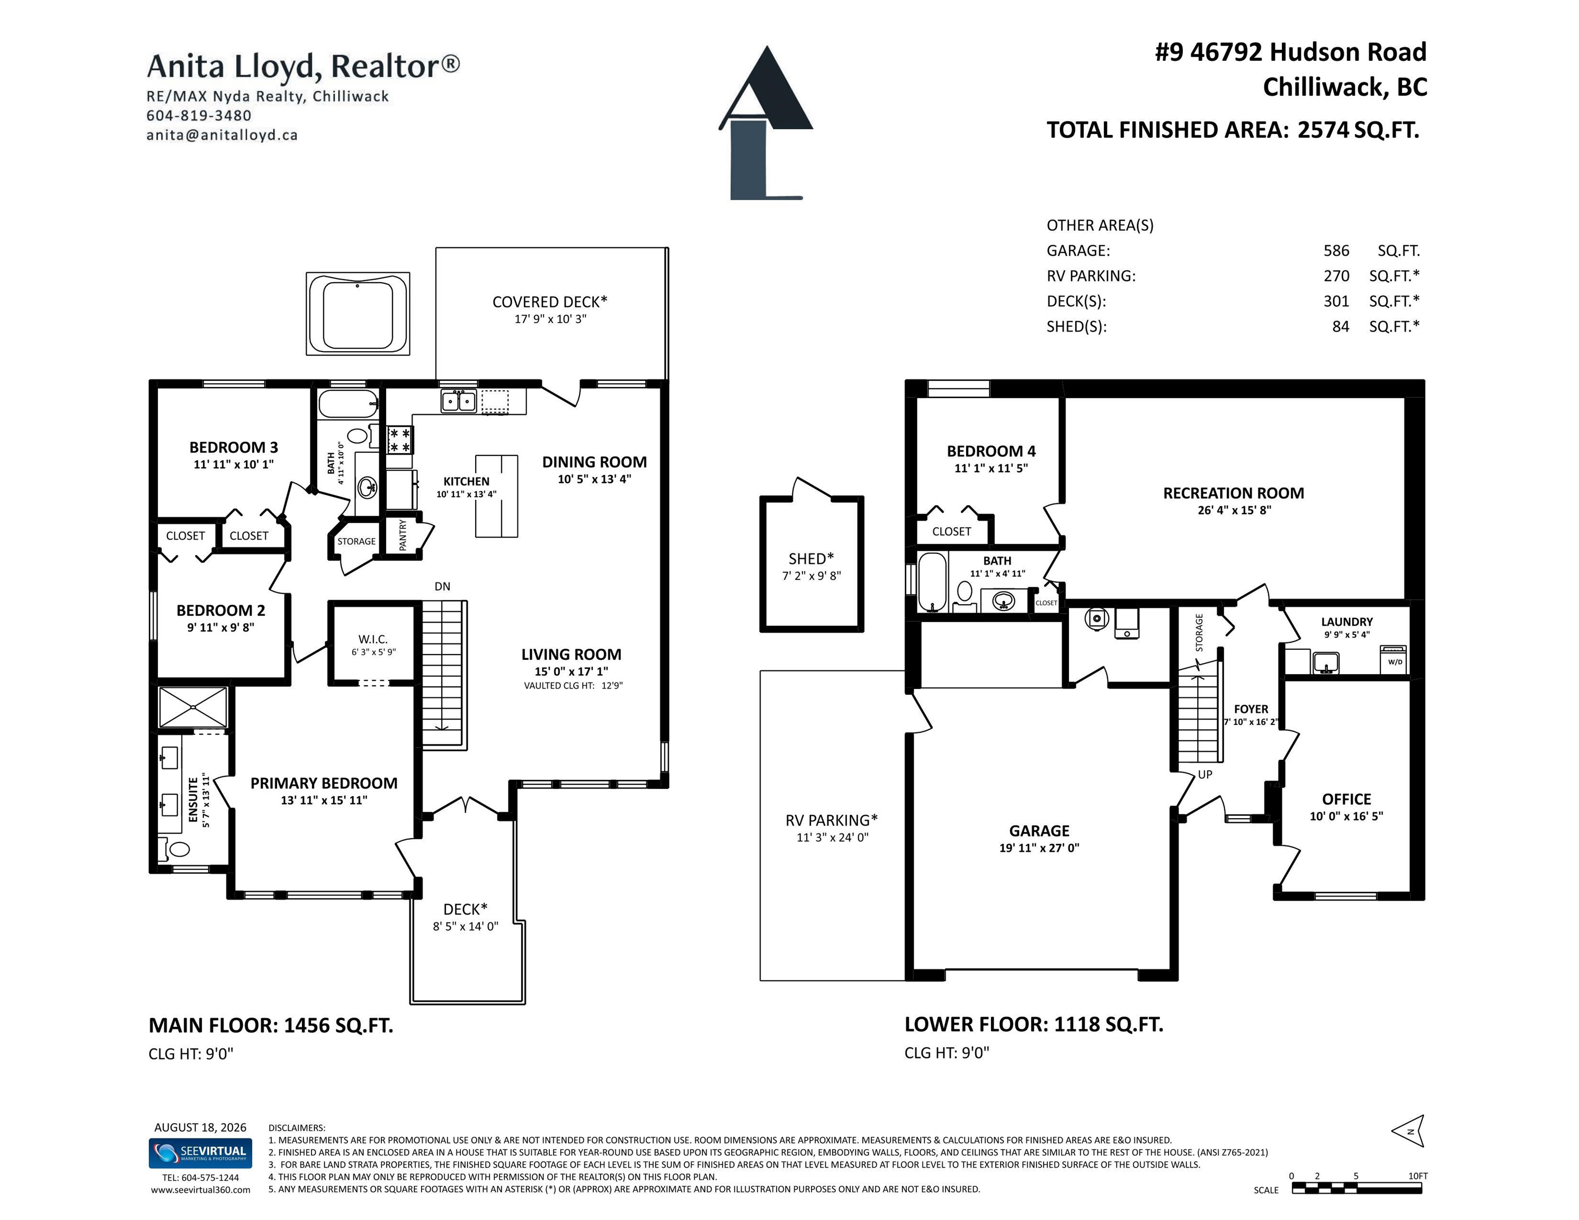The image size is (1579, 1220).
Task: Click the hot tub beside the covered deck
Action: [358, 313]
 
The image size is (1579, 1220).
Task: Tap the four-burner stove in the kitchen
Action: [400, 439]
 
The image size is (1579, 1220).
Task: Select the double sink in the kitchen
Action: [458, 400]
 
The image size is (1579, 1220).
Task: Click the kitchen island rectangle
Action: [496, 496]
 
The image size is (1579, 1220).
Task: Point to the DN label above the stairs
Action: [442, 586]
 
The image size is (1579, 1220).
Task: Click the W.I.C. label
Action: [373, 639]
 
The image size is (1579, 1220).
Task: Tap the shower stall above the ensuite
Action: [193, 707]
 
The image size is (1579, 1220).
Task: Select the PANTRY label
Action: [403, 535]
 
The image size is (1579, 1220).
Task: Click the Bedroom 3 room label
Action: [234, 447]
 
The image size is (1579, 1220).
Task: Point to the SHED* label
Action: [811, 559]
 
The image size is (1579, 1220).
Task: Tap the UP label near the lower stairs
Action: [1205, 774]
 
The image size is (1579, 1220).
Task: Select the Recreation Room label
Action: [1234, 493]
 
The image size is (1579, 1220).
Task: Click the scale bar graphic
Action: [1357, 1188]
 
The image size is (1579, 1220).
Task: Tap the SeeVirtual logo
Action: [200, 1153]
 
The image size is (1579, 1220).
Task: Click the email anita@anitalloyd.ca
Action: [222, 134]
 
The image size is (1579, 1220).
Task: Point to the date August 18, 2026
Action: [200, 1127]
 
